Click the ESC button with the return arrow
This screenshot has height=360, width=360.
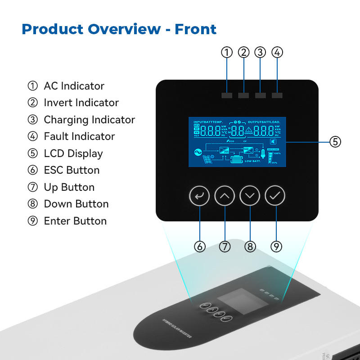click(x=199, y=196)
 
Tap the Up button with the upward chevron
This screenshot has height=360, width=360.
click(x=225, y=196)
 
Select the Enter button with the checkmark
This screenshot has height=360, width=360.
click(x=275, y=196)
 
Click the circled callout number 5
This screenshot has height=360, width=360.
click(x=335, y=142)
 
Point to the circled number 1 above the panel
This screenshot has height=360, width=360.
click(x=227, y=52)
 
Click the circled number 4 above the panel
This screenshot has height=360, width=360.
click(x=277, y=52)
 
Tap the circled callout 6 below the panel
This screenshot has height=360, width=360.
click(x=200, y=247)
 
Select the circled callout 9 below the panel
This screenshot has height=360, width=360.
click(x=277, y=247)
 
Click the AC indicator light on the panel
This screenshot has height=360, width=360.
click(x=227, y=95)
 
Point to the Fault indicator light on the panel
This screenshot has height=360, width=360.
click(x=277, y=95)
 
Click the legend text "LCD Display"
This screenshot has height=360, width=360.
click(x=73, y=153)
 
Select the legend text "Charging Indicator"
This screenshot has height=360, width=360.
click(x=89, y=120)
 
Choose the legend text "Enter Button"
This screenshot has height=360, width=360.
click(x=75, y=221)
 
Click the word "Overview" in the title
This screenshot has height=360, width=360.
click(x=124, y=29)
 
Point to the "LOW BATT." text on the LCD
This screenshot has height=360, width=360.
click(x=252, y=161)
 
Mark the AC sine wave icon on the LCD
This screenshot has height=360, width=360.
click(x=197, y=152)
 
